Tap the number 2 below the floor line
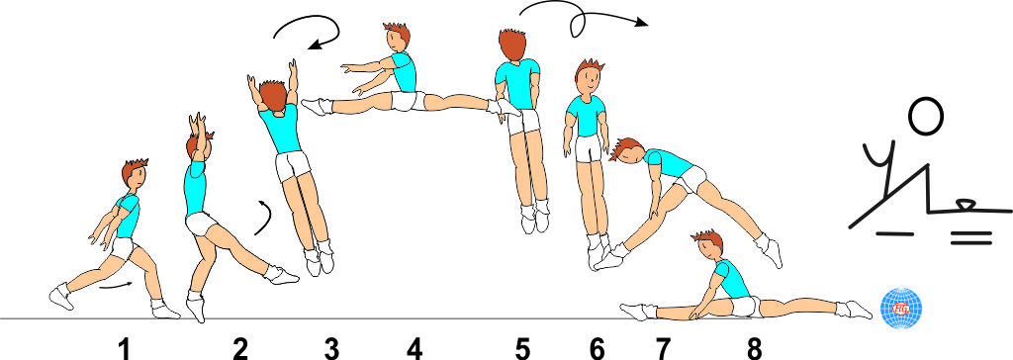click(239, 350)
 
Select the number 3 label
click(331, 350)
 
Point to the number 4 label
click(414, 350)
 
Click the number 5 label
click(522, 350)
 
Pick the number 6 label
click(598, 350)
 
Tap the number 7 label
click(664, 350)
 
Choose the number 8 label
click(754, 350)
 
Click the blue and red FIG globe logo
click(902, 309)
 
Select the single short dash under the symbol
click(894, 232)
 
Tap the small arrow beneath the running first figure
click(117, 285)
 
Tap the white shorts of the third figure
click(292, 165)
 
